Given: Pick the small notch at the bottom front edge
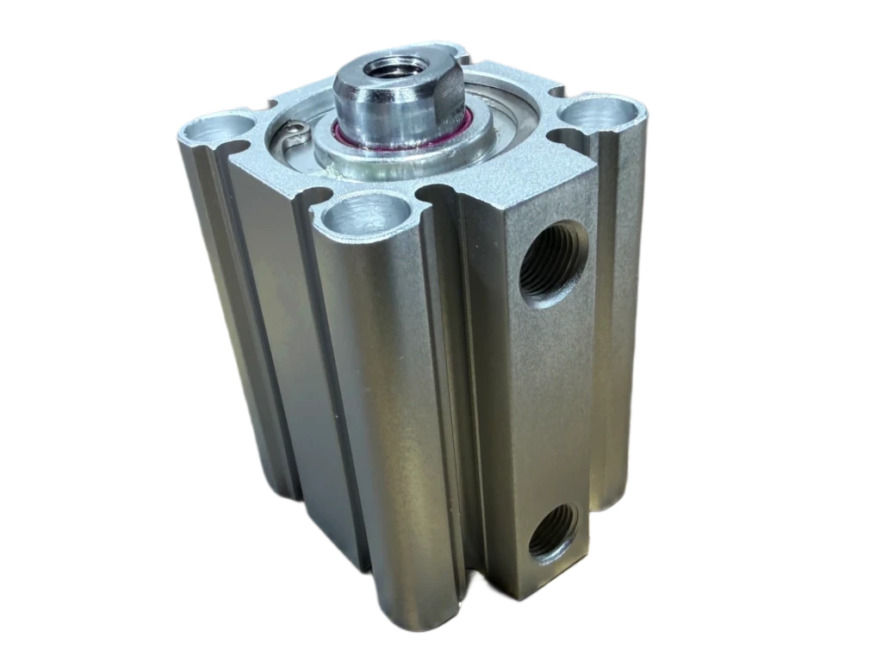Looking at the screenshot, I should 472,576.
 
